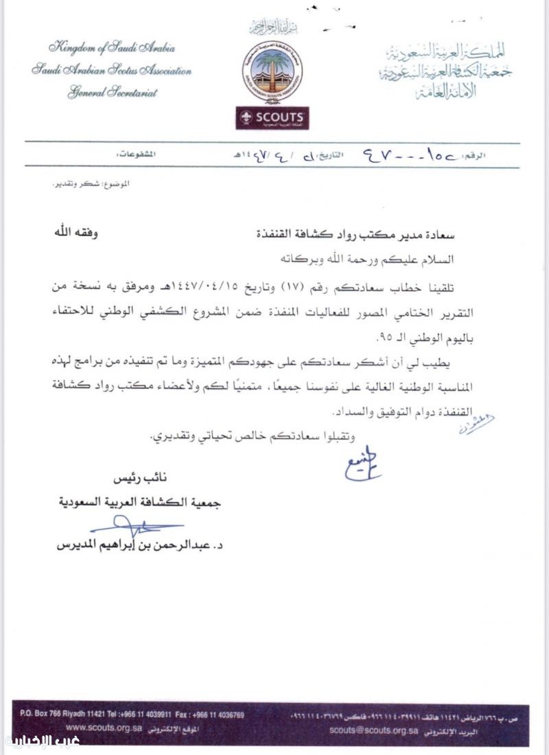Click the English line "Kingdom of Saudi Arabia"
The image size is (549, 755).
coord(111,48)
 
